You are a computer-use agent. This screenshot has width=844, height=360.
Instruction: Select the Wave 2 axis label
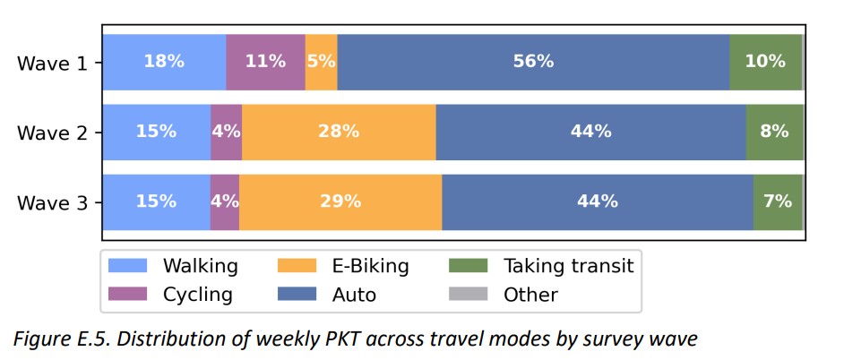point(53,133)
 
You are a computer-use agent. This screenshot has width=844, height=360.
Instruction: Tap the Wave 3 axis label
point(53,202)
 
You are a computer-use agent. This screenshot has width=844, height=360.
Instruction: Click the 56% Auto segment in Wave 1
point(533,62)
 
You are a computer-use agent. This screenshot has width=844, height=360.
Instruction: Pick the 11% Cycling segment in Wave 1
point(265,62)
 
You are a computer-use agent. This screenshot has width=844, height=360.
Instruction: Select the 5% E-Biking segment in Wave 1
point(321,62)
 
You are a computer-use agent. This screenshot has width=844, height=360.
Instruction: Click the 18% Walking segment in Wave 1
point(164,62)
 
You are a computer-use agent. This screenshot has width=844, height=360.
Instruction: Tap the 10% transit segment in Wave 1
point(764,62)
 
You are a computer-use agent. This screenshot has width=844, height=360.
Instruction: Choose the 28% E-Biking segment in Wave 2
point(339,132)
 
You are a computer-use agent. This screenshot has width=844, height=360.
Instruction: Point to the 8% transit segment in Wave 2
point(774,132)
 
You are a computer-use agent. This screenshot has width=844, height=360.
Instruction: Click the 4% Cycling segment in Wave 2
point(226,132)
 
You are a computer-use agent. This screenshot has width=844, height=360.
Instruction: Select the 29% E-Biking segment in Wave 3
point(340,201)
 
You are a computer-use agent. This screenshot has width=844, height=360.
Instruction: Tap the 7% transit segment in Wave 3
point(777,201)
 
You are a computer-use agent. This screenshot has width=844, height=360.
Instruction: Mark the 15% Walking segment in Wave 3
point(156,201)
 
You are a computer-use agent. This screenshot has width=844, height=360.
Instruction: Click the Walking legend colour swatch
point(126,266)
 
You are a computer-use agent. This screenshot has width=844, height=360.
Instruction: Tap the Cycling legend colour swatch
point(126,295)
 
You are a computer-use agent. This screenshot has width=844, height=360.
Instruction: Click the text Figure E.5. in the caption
point(58,340)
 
